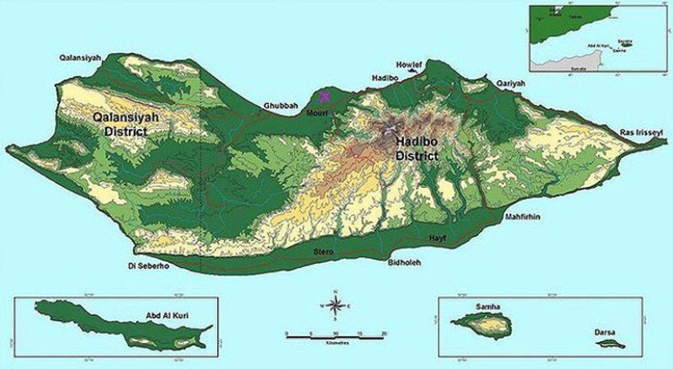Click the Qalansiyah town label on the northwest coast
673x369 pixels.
(84, 58)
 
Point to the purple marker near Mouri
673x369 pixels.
(325, 96)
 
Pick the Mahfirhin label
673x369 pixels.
(525, 217)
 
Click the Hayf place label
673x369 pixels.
(438, 237)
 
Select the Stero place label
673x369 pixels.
(324, 252)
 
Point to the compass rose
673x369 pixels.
(334, 305)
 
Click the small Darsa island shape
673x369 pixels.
(608, 344)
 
